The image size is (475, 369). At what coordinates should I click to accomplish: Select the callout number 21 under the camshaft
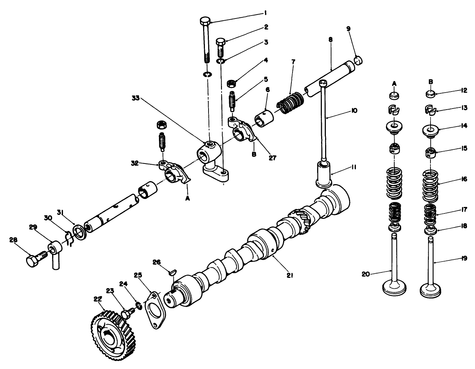pos(289,275)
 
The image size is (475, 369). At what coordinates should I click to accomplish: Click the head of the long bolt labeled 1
pos(205,20)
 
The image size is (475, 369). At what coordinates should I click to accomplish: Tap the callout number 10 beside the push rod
pos(354,110)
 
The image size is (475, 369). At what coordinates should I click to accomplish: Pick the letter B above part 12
pos(430,82)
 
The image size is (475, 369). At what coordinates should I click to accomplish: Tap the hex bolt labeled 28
pos(33,261)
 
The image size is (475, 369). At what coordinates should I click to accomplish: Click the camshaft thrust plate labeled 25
pos(155,310)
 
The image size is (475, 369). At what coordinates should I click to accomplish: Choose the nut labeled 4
pos(230,84)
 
